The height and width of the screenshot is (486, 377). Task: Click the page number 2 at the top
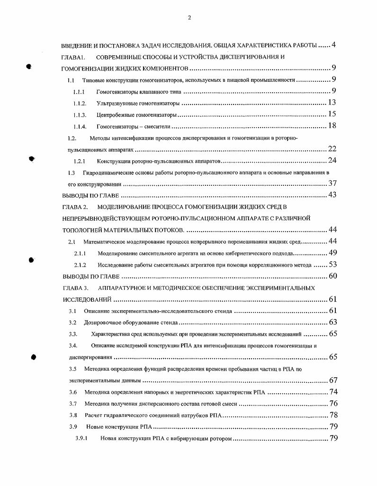[189, 18]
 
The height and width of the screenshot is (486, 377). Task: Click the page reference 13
[332, 103]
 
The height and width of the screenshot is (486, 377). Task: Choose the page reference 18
[332, 126]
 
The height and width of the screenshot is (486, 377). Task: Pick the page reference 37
[332, 183]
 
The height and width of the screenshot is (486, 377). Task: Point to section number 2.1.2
[80, 265]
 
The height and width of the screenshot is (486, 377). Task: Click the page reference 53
[332, 264]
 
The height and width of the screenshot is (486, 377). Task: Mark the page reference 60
[332, 276]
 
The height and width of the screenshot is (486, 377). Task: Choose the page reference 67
[332, 380]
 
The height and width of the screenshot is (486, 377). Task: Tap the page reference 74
[332, 392]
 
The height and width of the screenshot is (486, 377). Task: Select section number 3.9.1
[81, 438]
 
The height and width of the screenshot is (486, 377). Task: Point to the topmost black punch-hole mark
[29, 67]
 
